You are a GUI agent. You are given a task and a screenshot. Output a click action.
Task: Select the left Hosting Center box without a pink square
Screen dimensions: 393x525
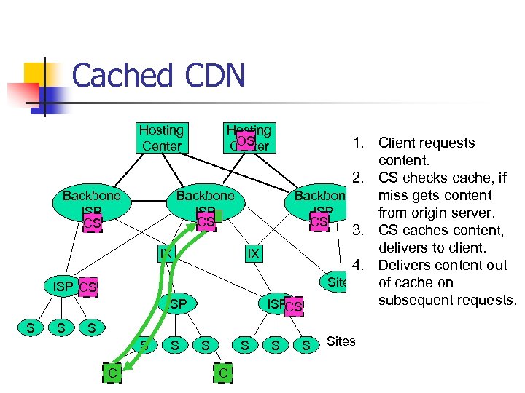[x=161, y=138]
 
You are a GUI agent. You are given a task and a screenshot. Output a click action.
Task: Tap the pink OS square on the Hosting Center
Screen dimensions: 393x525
[x=246, y=140]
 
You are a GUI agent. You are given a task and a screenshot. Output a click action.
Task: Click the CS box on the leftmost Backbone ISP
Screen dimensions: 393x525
[x=92, y=223]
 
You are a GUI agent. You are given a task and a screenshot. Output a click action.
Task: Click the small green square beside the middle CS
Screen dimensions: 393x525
[x=218, y=215]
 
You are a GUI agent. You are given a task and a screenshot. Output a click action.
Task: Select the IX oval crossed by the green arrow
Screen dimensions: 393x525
[x=166, y=253]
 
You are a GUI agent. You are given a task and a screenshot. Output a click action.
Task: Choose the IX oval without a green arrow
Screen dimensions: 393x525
[x=253, y=254]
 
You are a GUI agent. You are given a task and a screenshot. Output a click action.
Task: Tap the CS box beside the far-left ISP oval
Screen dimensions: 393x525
[x=87, y=288]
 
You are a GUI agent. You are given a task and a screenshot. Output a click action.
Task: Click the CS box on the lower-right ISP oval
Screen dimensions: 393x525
[x=293, y=307]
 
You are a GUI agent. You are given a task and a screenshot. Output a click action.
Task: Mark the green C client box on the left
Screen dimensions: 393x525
[x=112, y=373]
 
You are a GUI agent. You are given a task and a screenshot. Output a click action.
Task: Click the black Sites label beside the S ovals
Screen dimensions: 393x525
[x=341, y=341]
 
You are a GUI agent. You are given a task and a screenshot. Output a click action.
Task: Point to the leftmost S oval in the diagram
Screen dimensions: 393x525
[x=30, y=328]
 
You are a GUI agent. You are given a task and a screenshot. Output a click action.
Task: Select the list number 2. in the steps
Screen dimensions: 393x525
[x=358, y=178]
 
